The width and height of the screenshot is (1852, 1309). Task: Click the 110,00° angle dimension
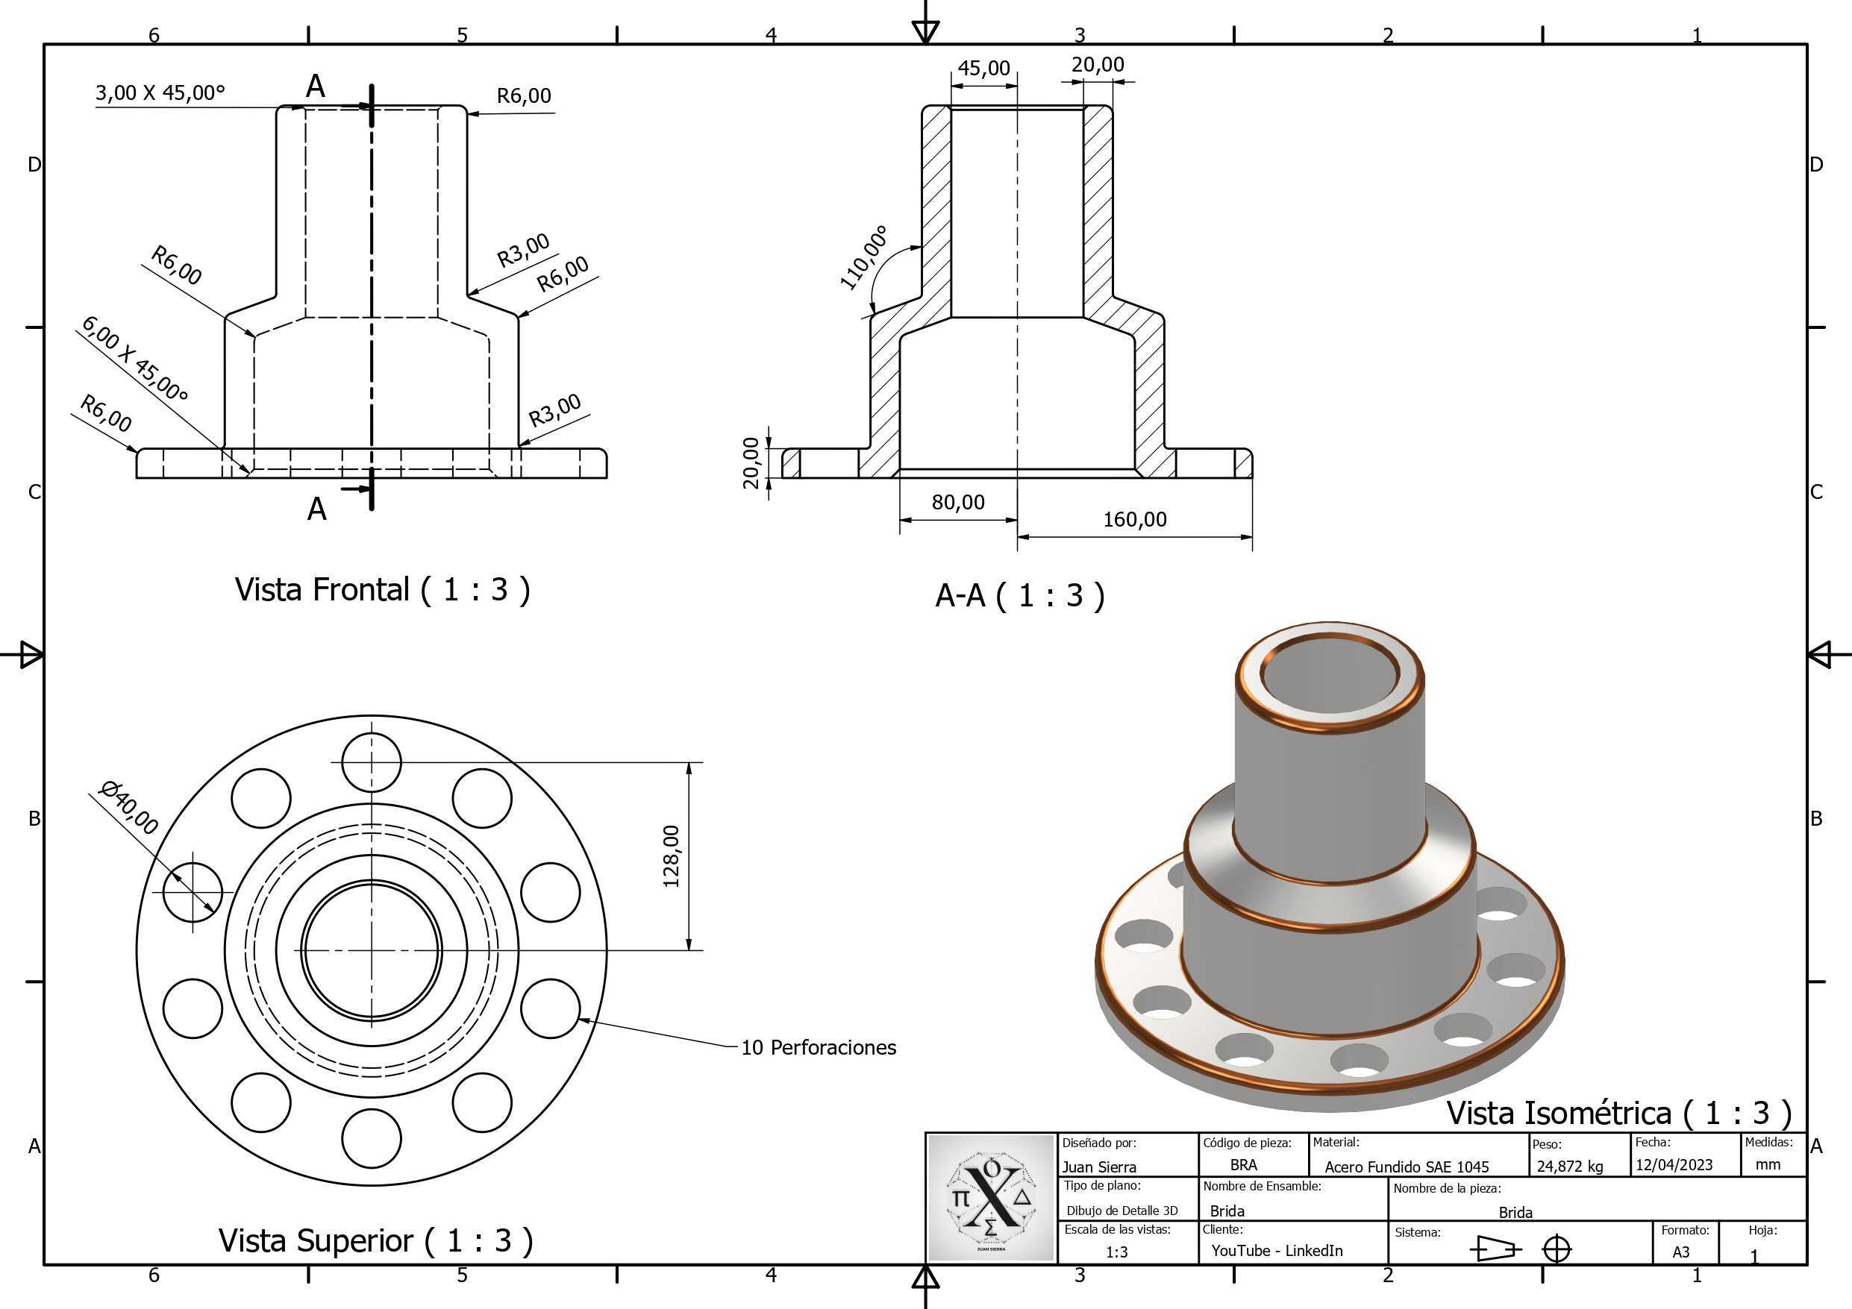(x=864, y=258)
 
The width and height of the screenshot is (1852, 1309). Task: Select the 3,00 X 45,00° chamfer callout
(x=160, y=92)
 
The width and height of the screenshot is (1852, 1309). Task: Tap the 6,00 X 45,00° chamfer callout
(x=135, y=359)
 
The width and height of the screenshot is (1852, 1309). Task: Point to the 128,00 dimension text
(x=671, y=856)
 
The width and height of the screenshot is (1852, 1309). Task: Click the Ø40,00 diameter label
(x=128, y=807)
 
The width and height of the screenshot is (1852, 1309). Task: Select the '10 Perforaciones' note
(x=819, y=1048)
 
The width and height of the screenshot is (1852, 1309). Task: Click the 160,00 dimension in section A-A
(x=1135, y=519)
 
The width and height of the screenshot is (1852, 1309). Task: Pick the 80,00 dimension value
(x=958, y=503)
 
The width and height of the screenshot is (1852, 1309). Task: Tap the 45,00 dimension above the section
(x=984, y=68)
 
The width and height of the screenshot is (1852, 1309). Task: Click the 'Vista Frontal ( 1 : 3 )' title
(x=382, y=589)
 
